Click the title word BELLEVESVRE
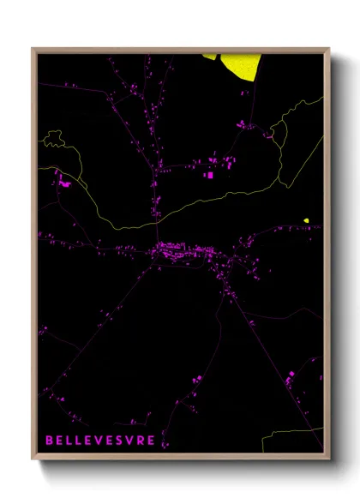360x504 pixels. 100,441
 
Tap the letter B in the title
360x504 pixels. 49,441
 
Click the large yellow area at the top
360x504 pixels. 240,66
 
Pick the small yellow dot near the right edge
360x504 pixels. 306,220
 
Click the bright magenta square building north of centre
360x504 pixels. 209,175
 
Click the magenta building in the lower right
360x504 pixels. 291,375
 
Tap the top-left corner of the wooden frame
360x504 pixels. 33,48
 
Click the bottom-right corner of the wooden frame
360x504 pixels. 330,459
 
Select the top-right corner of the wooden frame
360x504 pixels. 330,48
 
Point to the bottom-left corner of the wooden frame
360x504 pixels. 33,459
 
